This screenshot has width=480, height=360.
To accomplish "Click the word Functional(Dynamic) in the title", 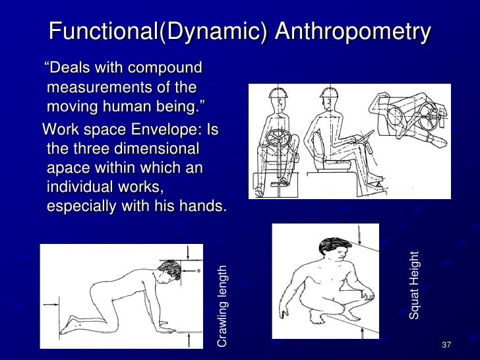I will coord(157,32).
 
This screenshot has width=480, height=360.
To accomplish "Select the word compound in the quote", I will coord(166,69).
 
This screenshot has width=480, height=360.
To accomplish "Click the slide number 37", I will coord(446,346).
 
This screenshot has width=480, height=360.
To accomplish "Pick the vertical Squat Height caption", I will coord(414,285).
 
